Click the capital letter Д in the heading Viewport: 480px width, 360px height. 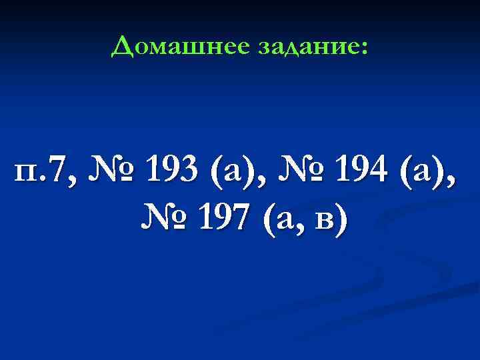point(122,46)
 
